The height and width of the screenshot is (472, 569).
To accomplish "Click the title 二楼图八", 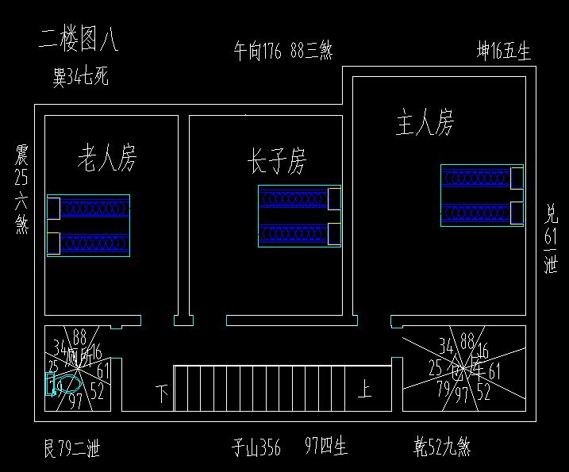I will [x=79, y=40].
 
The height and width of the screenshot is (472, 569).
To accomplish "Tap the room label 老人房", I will [x=107, y=158].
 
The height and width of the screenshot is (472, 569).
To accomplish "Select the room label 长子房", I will [x=276, y=162].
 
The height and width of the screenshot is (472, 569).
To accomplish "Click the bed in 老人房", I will [x=88, y=224].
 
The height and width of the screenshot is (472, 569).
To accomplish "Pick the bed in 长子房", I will [x=299, y=215].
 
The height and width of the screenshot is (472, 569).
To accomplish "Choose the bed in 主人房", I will [x=482, y=195].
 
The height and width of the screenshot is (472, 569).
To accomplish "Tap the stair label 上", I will [x=364, y=390].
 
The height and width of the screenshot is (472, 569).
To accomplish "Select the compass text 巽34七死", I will [x=80, y=78].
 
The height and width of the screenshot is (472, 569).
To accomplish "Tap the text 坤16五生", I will [x=503, y=52].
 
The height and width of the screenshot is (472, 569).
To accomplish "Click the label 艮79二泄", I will [x=71, y=450].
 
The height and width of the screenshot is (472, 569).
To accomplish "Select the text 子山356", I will [x=256, y=448].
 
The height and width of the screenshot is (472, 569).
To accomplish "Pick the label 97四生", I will [x=326, y=447].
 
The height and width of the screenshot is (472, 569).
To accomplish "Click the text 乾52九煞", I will [x=443, y=447].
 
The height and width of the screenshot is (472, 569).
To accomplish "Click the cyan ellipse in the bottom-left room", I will [x=69, y=383].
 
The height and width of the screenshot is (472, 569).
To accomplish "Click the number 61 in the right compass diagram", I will [x=494, y=370].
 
